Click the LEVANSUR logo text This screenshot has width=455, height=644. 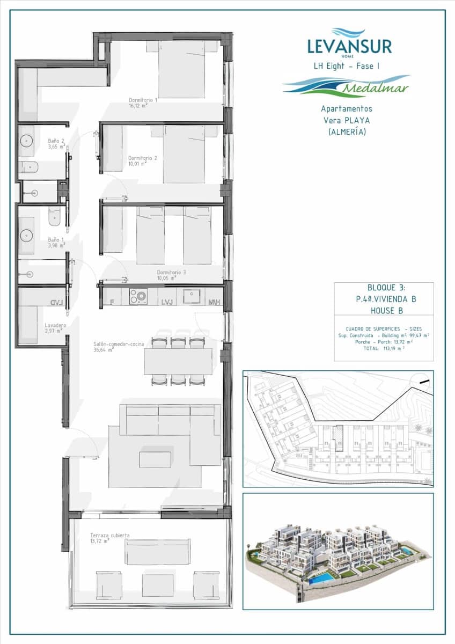[x=349, y=46]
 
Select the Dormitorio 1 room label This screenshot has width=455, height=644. [x=143, y=100]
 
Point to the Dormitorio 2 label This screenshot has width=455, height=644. [x=143, y=158]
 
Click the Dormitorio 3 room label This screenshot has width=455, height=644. [x=171, y=273]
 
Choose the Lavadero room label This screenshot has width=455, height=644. [x=56, y=326]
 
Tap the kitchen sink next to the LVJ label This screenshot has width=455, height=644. [x=192, y=296]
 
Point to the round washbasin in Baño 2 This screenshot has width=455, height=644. [x=26, y=141]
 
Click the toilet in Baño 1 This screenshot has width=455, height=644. [x=55, y=216]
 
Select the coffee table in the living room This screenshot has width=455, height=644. [x=155, y=459]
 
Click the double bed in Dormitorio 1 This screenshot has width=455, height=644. [x=182, y=69]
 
